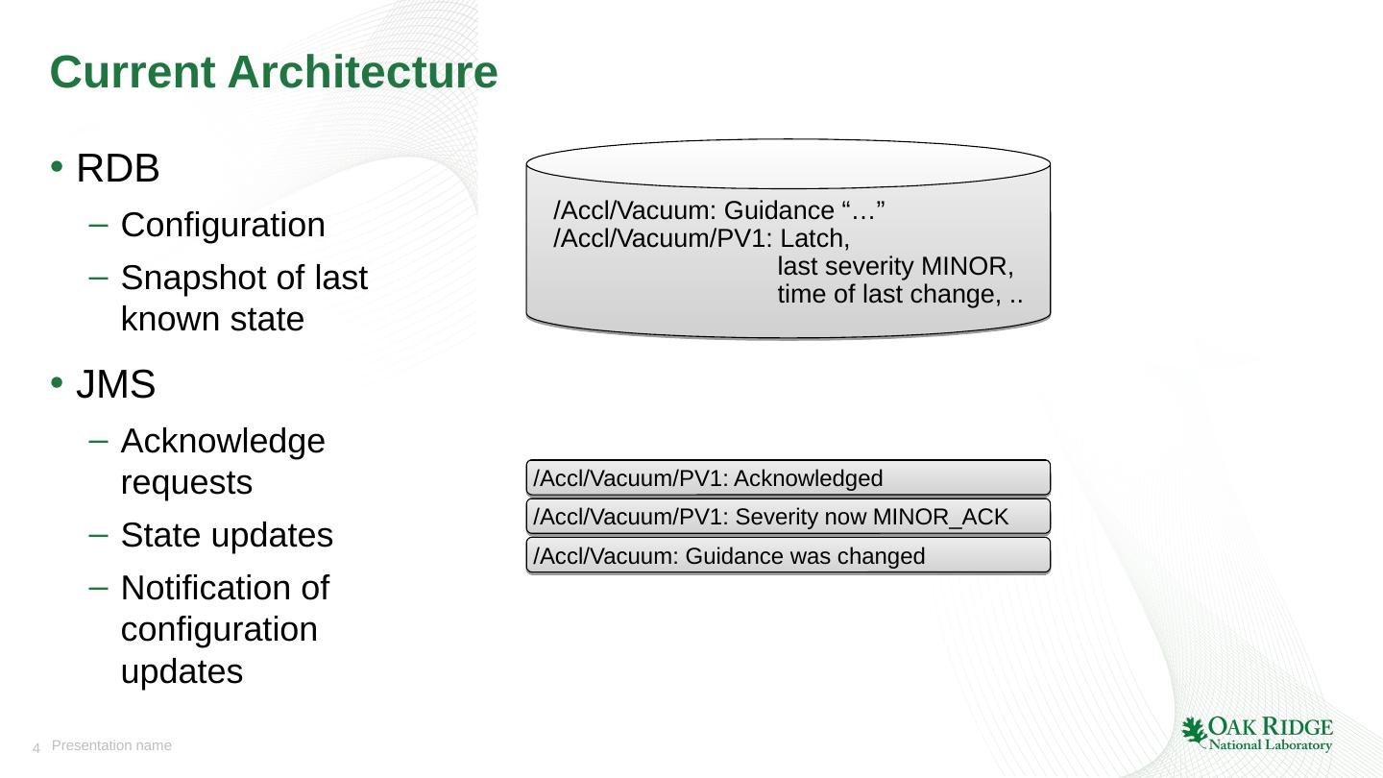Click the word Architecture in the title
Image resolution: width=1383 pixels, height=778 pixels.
pyautogui.click(x=362, y=72)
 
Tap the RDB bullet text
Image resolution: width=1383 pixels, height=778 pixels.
pyautogui.click(x=118, y=168)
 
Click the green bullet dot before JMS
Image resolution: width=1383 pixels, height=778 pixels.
pyautogui.click(x=57, y=383)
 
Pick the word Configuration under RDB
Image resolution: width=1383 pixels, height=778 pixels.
pyautogui.click(x=223, y=225)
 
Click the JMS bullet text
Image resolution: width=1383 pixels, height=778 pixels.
pyautogui.click(x=116, y=384)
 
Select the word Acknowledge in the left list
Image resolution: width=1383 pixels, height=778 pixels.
pyautogui.click(x=223, y=442)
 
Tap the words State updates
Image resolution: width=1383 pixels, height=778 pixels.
pyautogui.click(x=228, y=535)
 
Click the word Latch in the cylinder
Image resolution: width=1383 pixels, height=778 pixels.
pyautogui.click(x=815, y=238)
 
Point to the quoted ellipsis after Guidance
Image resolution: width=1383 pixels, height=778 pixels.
pyautogui.click(x=863, y=210)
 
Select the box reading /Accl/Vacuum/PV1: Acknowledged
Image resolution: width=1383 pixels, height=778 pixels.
pyautogui.click(x=788, y=478)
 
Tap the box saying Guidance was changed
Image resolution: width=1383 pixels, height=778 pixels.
pyautogui.click(x=788, y=556)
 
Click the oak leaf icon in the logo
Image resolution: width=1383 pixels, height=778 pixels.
pyautogui.click(x=1194, y=732)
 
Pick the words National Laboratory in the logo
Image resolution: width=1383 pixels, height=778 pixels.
pyautogui.click(x=1270, y=744)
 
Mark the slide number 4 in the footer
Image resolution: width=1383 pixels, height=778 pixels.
pyautogui.click(x=36, y=748)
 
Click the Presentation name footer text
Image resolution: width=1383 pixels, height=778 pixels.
pyautogui.click(x=111, y=746)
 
